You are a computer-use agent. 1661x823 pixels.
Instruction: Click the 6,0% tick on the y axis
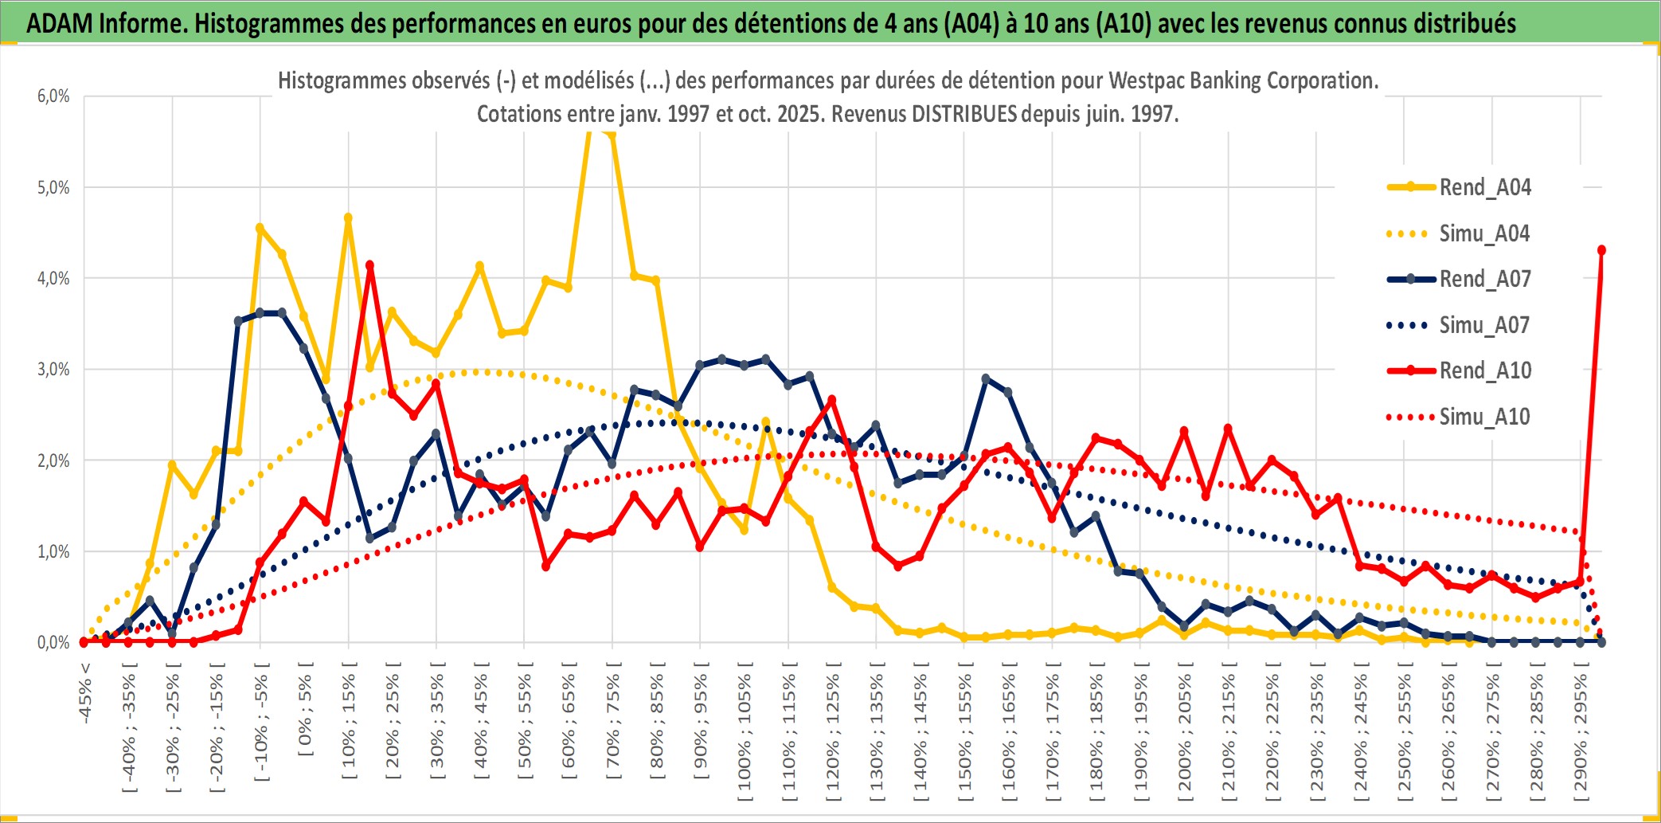53,96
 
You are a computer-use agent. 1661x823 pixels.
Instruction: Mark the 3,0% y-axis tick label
53,370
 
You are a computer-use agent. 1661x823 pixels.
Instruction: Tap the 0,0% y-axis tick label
53,643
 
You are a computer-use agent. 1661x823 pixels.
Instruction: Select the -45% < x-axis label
85,693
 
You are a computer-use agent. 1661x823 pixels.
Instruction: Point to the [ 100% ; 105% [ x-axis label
745,733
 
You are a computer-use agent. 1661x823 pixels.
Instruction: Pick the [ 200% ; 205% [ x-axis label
1185,733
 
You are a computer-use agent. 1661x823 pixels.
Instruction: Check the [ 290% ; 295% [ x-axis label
1581,733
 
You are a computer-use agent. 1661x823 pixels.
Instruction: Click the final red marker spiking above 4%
1601,250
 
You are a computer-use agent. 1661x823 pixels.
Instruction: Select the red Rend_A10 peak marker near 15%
369,265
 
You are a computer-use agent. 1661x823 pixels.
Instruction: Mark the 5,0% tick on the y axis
53,188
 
